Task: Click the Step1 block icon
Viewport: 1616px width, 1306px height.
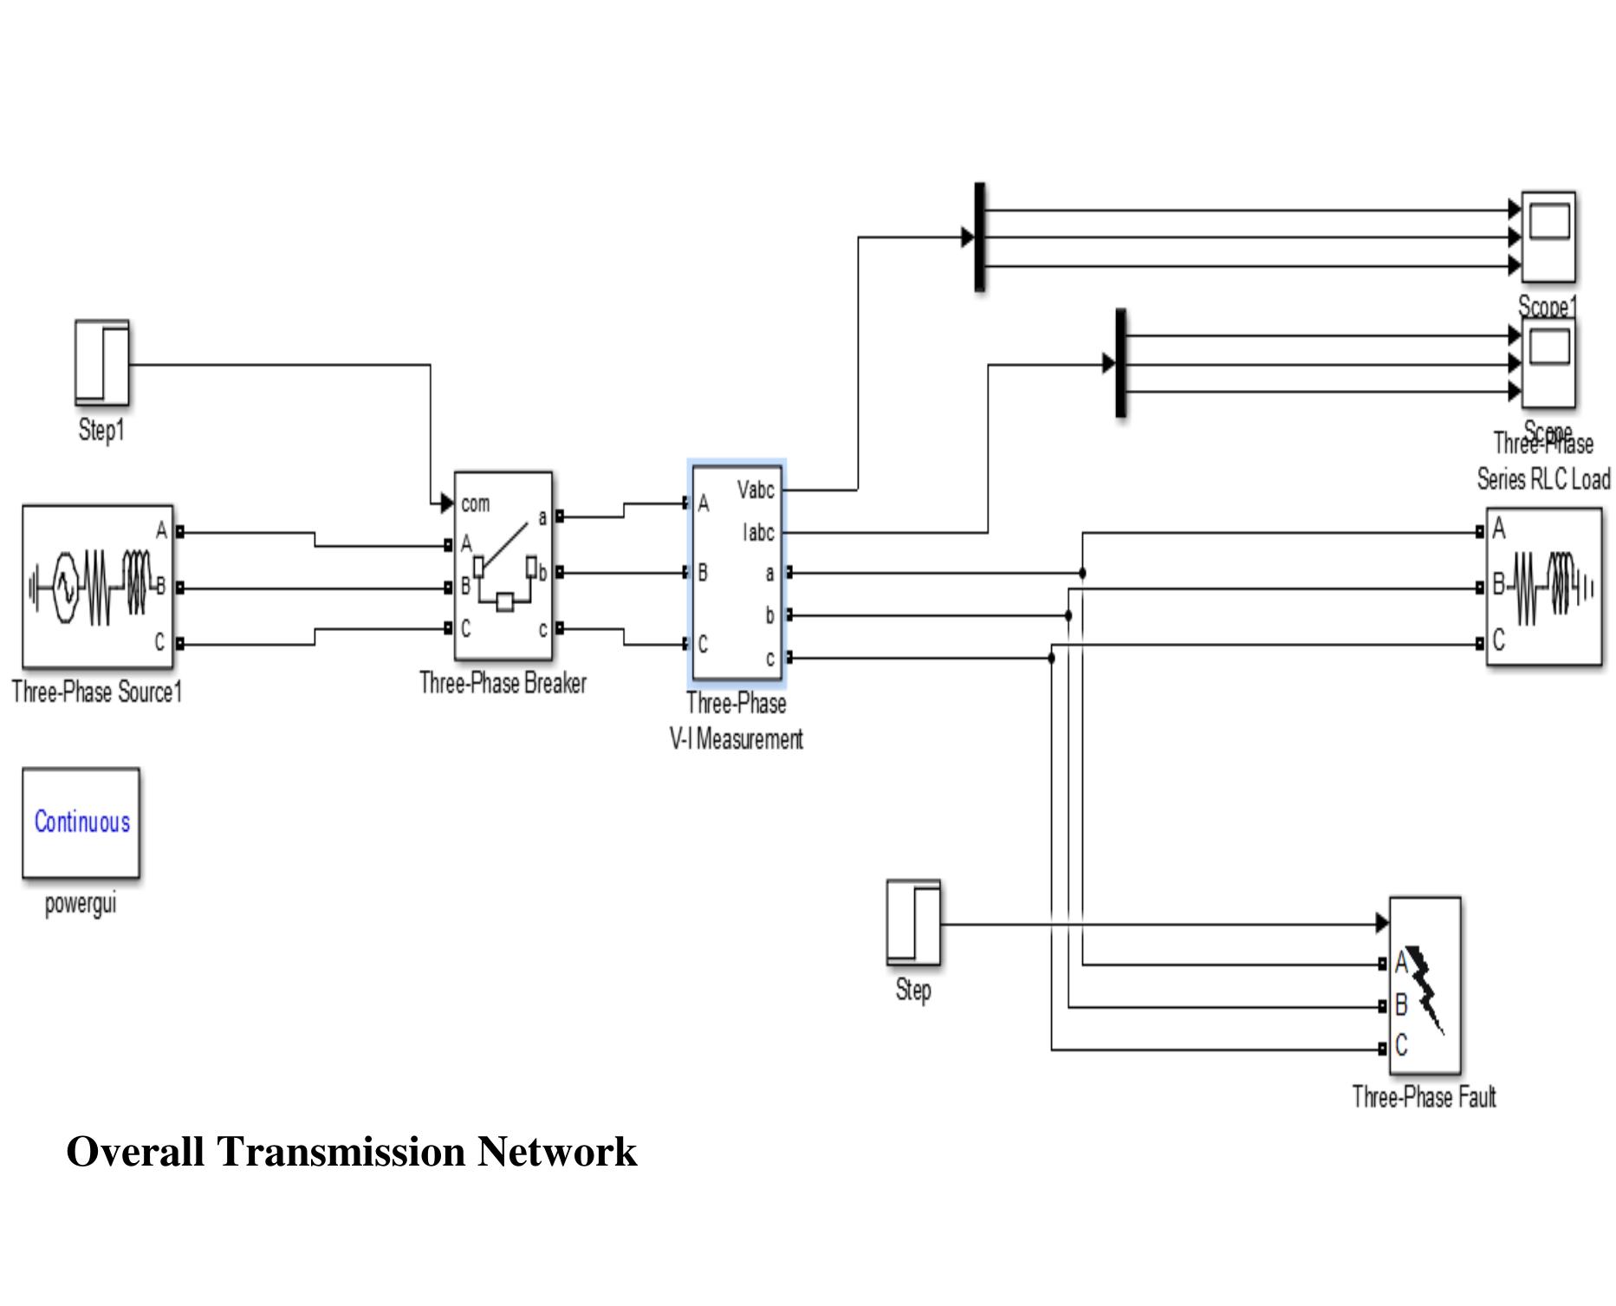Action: pyautogui.click(x=101, y=362)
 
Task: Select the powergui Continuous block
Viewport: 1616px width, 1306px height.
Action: pyautogui.click(x=81, y=822)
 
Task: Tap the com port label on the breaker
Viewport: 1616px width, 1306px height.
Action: pyautogui.click(x=475, y=504)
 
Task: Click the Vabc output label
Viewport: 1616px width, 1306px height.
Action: pyautogui.click(x=755, y=491)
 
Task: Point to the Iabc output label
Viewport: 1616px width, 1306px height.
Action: pyautogui.click(x=757, y=533)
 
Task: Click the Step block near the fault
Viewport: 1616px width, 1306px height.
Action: pyautogui.click(x=913, y=923)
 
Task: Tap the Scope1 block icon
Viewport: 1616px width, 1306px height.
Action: pyautogui.click(x=1548, y=237)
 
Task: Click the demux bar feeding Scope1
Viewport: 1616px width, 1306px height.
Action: pyautogui.click(x=980, y=237)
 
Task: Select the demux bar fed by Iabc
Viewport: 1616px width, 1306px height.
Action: pyautogui.click(x=1120, y=362)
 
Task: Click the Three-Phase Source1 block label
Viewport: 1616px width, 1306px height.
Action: pyautogui.click(x=97, y=692)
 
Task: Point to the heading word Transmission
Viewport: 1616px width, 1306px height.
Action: pyautogui.click(x=341, y=1152)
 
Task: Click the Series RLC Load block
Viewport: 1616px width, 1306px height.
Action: pyautogui.click(x=1543, y=588)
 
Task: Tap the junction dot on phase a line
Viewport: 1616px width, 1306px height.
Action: pyautogui.click(x=1082, y=573)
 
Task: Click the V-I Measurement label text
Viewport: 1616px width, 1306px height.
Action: pyautogui.click(x=737, y=739)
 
